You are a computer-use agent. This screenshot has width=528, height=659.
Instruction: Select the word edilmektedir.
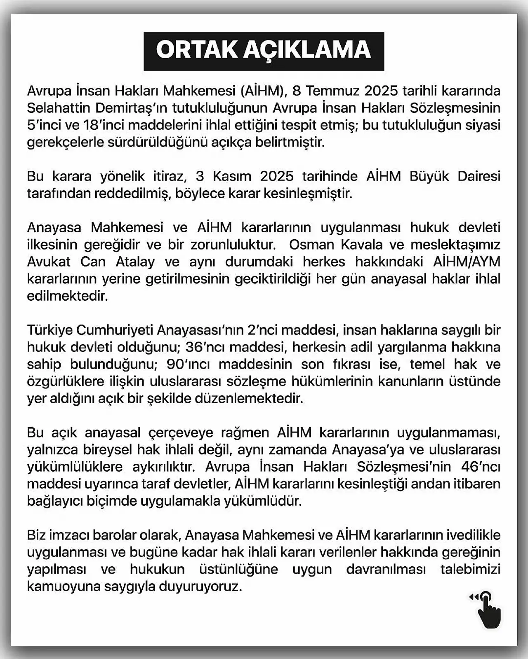[x=67, y=296]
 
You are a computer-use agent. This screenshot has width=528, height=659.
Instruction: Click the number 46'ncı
[x=481, y=467]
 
